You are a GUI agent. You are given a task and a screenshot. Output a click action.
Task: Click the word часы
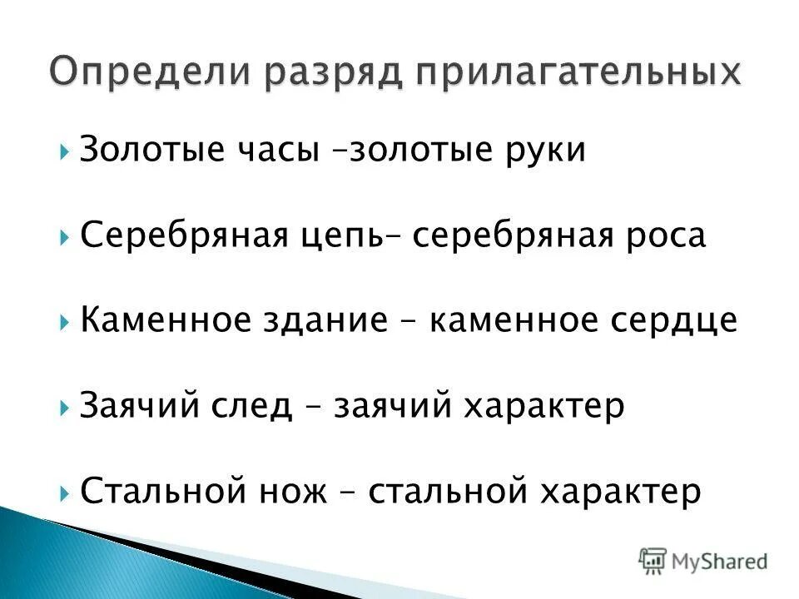coord(279,151)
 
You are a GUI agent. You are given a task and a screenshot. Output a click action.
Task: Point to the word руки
coord(544,151)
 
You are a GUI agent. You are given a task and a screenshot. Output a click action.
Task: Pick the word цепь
coord(338,236)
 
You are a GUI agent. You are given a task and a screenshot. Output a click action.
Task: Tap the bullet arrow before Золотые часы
coord(66,152)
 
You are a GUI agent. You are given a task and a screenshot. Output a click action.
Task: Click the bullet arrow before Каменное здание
coord(66,322)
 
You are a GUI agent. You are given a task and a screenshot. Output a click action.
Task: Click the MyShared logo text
coord(720,560)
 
